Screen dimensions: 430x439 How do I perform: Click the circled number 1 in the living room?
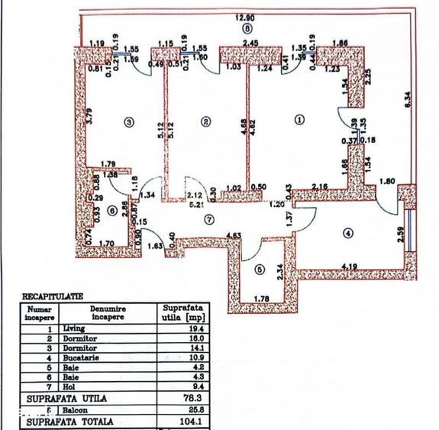point(299,119)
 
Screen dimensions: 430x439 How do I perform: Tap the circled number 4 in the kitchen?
point(348,233)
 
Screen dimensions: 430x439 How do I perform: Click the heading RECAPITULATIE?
point(53,295)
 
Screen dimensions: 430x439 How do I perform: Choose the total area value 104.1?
point(181,421)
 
